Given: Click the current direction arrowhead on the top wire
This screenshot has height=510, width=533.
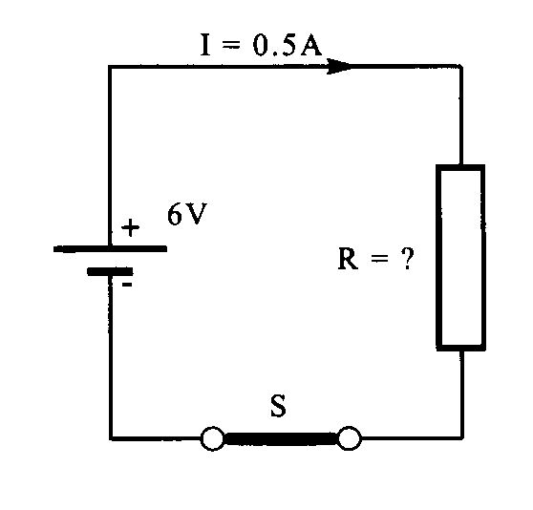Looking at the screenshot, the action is pos(338,66).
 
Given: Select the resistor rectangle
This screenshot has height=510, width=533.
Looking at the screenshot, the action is pos(437,258).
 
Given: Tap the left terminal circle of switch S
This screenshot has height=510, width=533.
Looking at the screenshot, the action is pos(212,438).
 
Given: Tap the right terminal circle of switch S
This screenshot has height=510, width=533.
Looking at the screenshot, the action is pos(350,438).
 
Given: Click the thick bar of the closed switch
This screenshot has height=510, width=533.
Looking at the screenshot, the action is pos(281,438).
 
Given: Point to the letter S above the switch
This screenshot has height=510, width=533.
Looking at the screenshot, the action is pos(278,406).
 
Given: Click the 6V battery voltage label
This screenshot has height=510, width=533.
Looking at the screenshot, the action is pos(186,214).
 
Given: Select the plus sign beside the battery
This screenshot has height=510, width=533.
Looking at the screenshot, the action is pos(130,227).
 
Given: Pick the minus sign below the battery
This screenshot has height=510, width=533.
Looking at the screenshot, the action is pos(127,285).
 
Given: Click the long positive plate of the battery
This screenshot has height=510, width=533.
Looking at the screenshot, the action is pos(110,249).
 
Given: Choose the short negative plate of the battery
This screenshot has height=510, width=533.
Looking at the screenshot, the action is pos(110,271).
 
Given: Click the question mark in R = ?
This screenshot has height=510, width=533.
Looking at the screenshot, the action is pos(408,259).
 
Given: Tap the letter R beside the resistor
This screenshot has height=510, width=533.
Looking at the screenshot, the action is pos(348,259).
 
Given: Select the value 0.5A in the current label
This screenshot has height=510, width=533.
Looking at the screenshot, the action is pos(287,45).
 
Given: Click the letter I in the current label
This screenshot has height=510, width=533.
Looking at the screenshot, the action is pos(205,45).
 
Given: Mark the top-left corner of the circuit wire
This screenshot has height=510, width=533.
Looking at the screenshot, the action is pos(110,67).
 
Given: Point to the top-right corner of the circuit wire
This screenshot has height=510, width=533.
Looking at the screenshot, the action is pos(461,66).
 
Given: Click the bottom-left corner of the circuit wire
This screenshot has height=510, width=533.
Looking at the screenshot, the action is pos(111,438).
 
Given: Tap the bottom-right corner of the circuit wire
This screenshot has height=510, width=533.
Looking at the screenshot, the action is pos(462,437).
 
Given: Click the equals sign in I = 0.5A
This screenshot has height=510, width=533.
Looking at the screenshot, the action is pos(231,45).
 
